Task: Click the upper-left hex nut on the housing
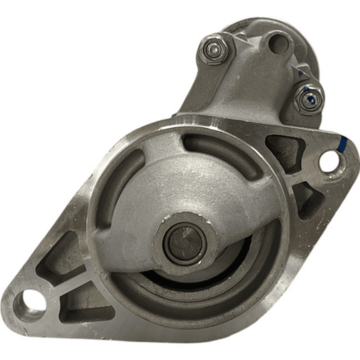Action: [x=214, y=48]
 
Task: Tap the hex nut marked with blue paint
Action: [x=308, y=99]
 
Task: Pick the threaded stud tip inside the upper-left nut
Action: [x=214, y=48]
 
